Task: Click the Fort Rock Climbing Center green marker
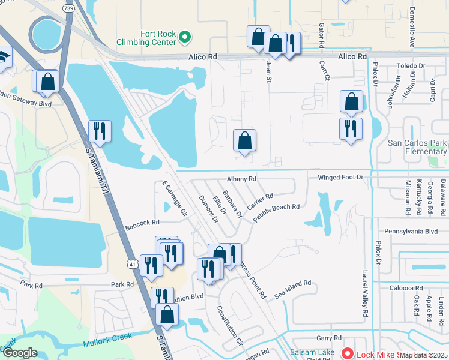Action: (x=185, y=37)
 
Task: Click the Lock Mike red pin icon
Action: (x=347, y=353)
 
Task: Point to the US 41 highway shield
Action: (x=131, y=263)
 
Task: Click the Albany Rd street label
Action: (x=241, y=179)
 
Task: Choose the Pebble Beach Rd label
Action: (x=276, y=213)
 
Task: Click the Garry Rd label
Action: (x=330, y=338)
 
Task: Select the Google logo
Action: (x=20, y=352)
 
